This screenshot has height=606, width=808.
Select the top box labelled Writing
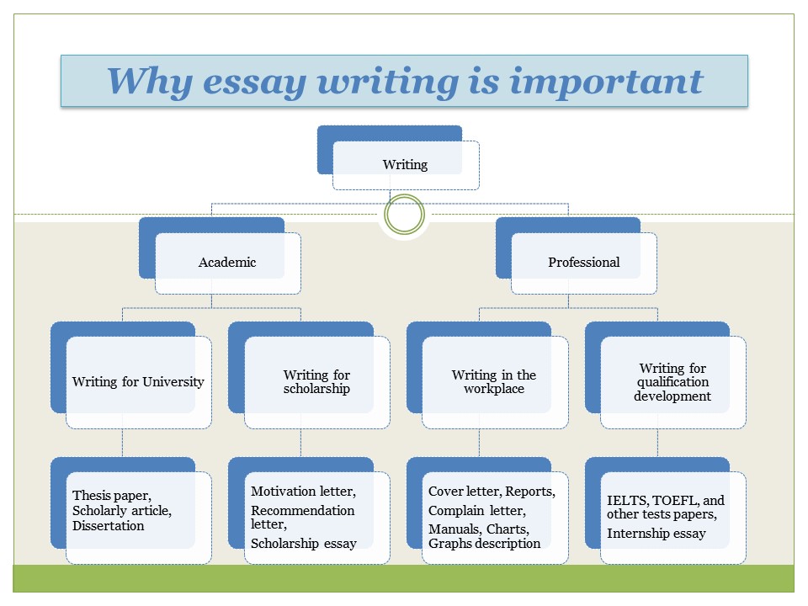pos(405,165)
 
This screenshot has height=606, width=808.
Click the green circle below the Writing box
pos(403,215)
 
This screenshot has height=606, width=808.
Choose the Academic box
pos(227,262)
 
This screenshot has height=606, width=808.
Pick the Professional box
pos(583,262)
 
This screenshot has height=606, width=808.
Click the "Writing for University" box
pos(138,381)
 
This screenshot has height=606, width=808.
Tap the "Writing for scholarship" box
pos(316,381)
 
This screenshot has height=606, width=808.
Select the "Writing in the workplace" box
pos(494,381)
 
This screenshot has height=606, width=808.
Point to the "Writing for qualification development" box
pos(672,381)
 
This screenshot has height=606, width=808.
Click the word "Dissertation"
pos(109,526)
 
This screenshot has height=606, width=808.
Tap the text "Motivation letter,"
pos(303,490)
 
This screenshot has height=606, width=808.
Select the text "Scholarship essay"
pos(304,543)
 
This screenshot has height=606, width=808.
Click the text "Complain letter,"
pos(476,510)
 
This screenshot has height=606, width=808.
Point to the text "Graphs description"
pos(485,543)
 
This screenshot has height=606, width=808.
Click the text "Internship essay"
pos(656,533)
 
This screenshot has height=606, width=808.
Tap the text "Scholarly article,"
pos(122,510)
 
